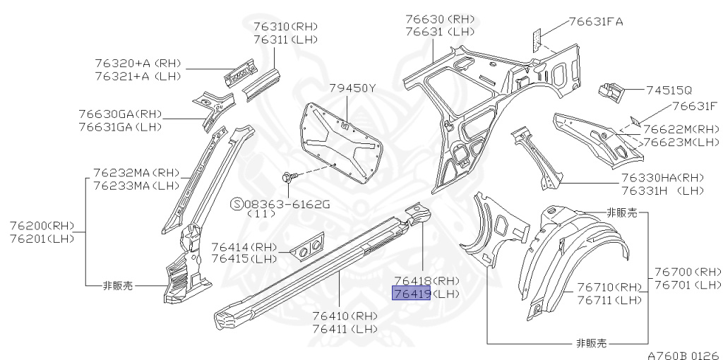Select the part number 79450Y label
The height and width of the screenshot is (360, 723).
[x=352, y=88]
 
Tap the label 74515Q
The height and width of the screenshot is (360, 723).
[x=669, y=90]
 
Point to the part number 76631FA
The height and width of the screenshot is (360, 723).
[x=597, y=22]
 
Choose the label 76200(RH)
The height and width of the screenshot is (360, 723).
[x=42, y=226]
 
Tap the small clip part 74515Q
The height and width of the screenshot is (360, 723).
[x=611, y=90]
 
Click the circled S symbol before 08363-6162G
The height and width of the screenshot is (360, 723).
[x=237, y=204]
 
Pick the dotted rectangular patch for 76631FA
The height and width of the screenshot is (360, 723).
[x=537, y=37]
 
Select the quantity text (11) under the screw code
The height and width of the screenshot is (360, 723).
[x=261, y=215]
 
